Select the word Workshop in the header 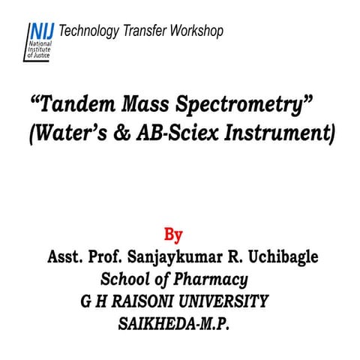click(196, 31)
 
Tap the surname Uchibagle click(278, 256)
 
